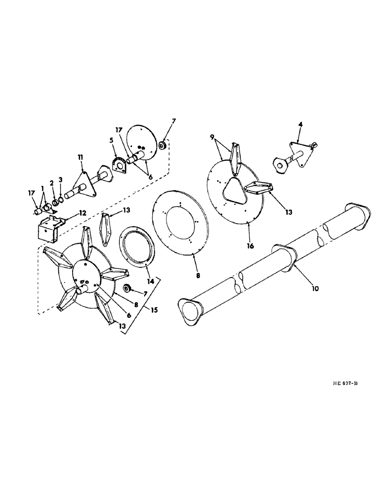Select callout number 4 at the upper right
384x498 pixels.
point(299,124)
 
